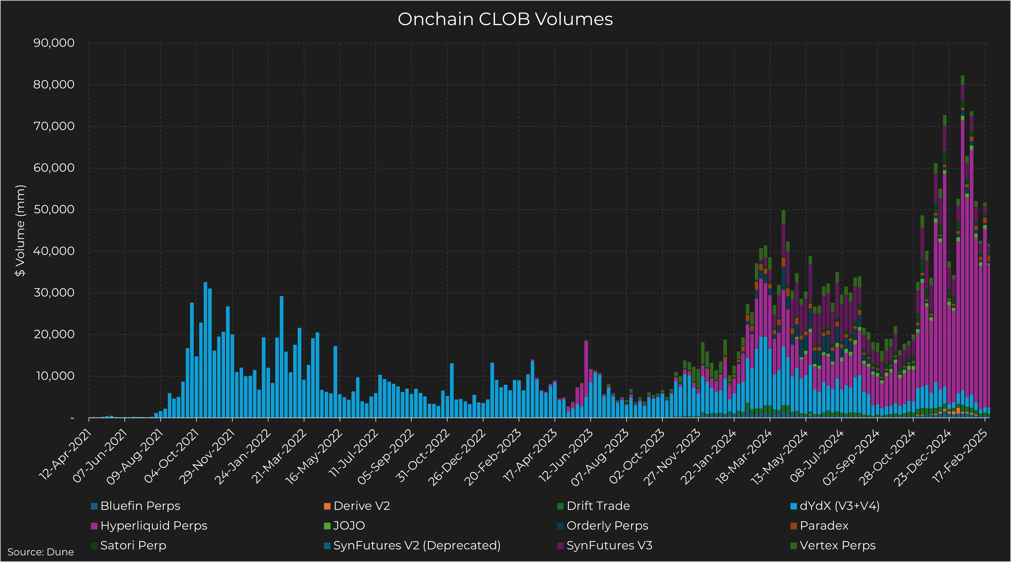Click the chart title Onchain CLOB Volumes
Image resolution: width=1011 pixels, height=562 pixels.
tap(505, 19)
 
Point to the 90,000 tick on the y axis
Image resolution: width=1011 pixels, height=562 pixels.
tap(54, 43)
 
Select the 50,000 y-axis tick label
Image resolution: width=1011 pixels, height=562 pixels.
tap(54, 209)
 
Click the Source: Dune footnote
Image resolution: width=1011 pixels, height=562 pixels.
tap(40, 552)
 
